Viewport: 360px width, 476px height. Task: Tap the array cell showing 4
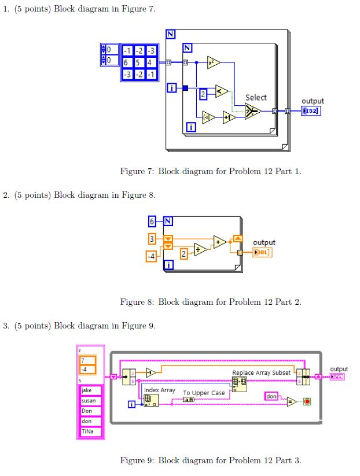pyautogui.click(x=150, y=62)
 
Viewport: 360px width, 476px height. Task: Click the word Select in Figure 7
pyautogui.click(x=256, y=98)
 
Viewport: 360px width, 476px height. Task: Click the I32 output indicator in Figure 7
pyautogui.click(x=310, y=111)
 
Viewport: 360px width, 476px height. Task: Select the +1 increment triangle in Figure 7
pyautogui.click(x=229, y=117)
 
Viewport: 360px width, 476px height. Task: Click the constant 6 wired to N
pyautogui.click(x=152, y=221)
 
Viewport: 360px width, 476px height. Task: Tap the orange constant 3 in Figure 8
pyautogui.click(x=152, y=238)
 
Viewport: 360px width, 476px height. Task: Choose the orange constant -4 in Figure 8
pyautogui.click(x=151, y=256)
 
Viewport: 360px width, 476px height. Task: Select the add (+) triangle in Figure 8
pyautogui.click(x=219, y=241)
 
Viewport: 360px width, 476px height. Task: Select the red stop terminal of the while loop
pyautogui.click(x=307, y=401)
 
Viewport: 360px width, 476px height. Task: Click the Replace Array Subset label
pyautogui.click(x=261, y=373)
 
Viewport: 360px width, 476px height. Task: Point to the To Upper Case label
pyautogui.click(x=204, y=393)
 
